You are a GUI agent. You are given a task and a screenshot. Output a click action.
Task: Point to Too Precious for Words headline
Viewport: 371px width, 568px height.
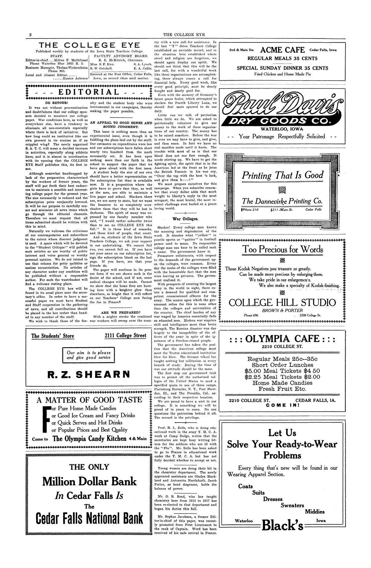tap(282, 249)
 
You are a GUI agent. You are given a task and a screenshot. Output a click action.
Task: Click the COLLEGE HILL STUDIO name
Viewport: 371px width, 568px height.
tap(282, 303)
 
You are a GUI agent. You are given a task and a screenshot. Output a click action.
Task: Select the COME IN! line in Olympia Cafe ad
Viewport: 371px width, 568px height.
tap(282, 405)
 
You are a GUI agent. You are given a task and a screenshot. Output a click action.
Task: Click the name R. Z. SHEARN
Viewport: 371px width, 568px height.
tap(89, 374)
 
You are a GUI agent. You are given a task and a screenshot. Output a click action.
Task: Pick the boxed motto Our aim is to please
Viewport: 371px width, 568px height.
tap(89, 355)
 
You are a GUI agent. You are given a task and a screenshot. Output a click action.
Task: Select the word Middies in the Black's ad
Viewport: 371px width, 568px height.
tap(315, 512)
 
